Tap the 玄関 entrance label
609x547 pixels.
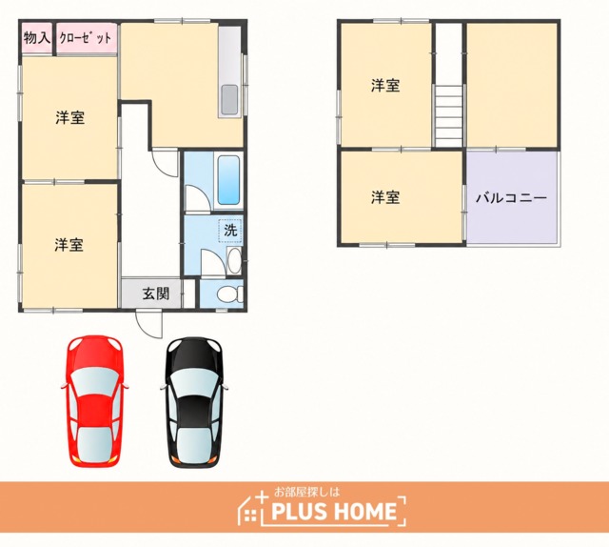156,294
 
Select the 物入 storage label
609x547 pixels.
37,38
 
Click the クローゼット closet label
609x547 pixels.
86,38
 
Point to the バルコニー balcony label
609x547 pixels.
512,198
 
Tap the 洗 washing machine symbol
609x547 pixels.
230,231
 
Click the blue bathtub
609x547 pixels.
228,180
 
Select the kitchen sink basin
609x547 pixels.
229,100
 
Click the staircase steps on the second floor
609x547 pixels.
448,115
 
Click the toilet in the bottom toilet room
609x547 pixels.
228,294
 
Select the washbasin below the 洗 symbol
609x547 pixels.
234,261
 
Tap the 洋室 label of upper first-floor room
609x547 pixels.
69,117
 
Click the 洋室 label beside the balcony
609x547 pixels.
384,197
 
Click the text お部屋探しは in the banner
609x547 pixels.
306,492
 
